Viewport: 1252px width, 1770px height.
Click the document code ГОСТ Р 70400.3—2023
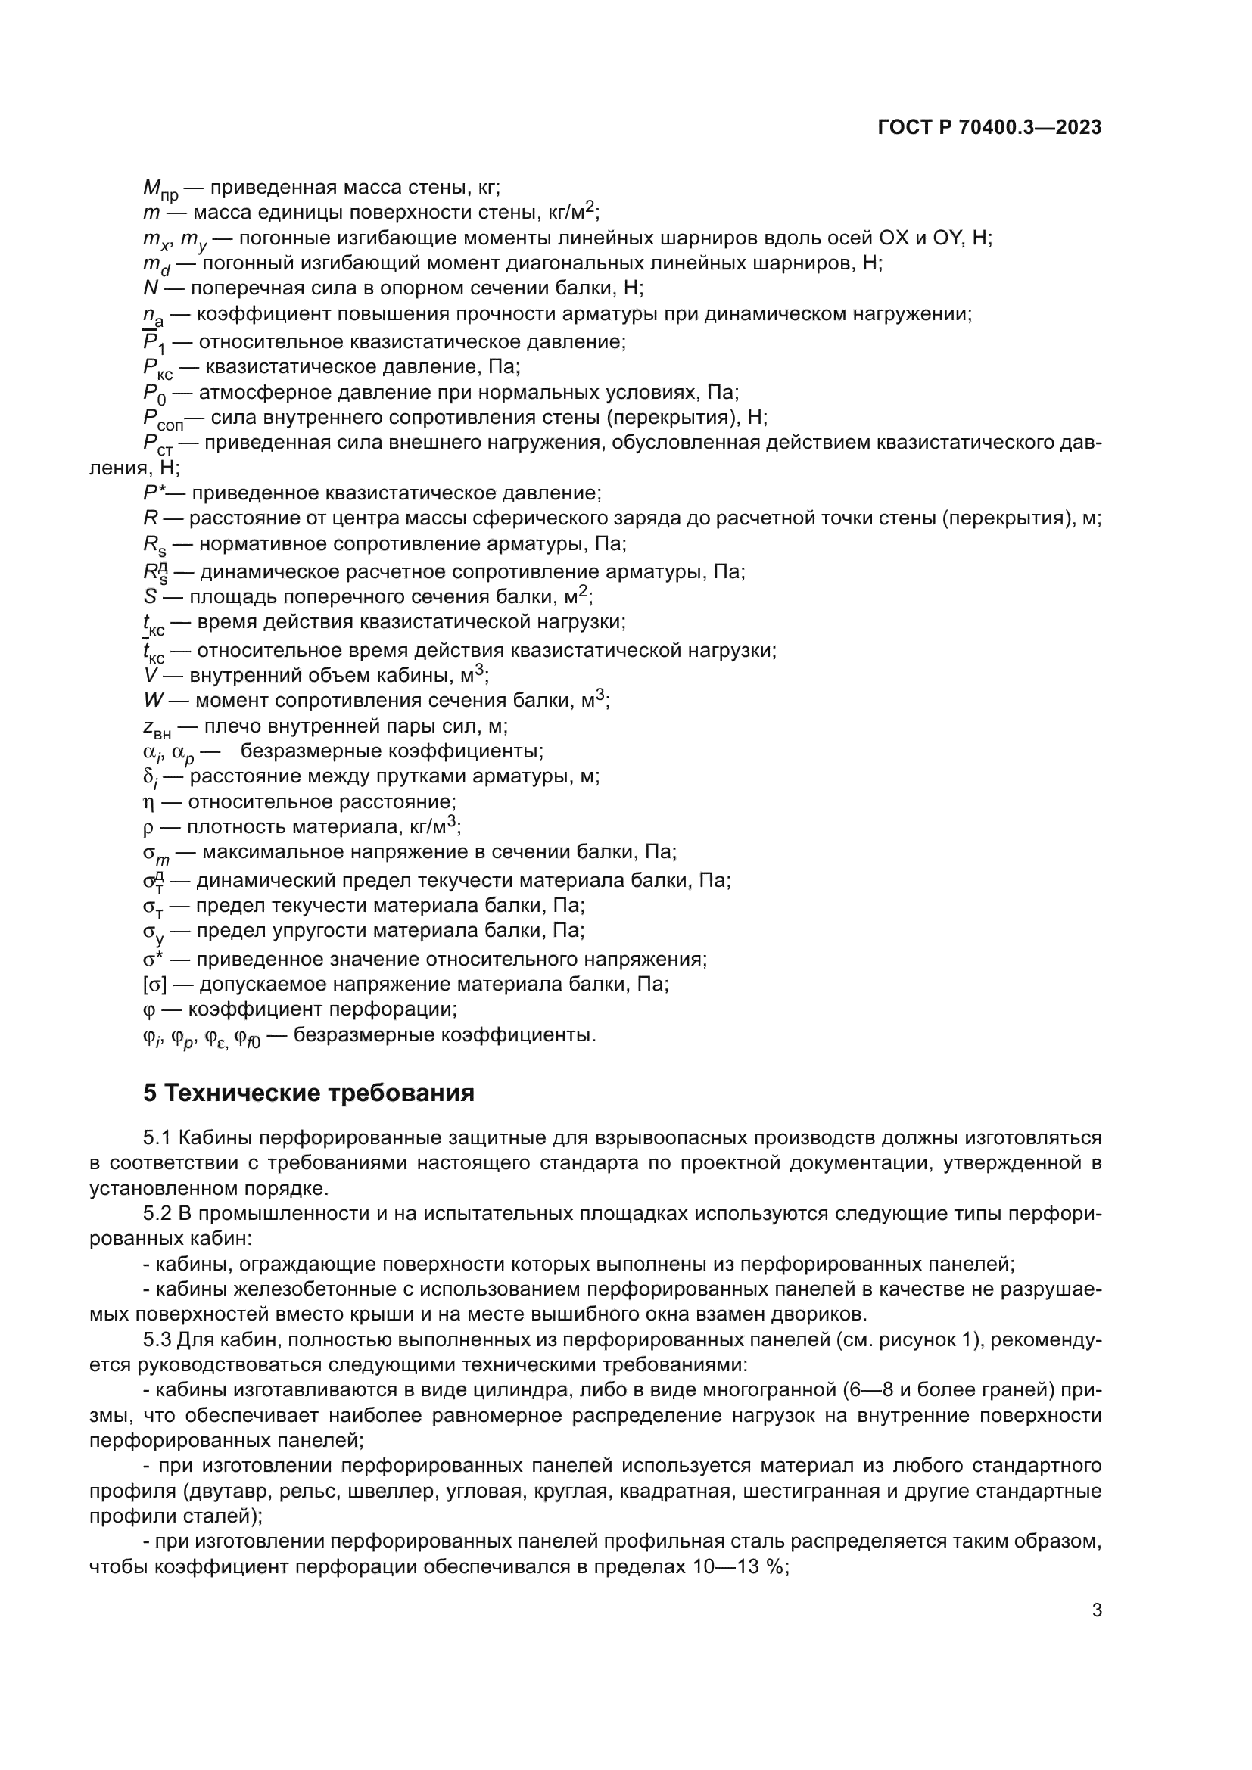989,128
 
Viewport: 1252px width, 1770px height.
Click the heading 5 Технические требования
308,1093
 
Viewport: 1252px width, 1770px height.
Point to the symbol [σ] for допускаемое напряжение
154,985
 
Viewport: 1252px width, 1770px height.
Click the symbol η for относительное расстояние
149,802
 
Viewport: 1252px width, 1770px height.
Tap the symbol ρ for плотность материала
149,828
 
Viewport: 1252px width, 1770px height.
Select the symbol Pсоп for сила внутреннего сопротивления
163,418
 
